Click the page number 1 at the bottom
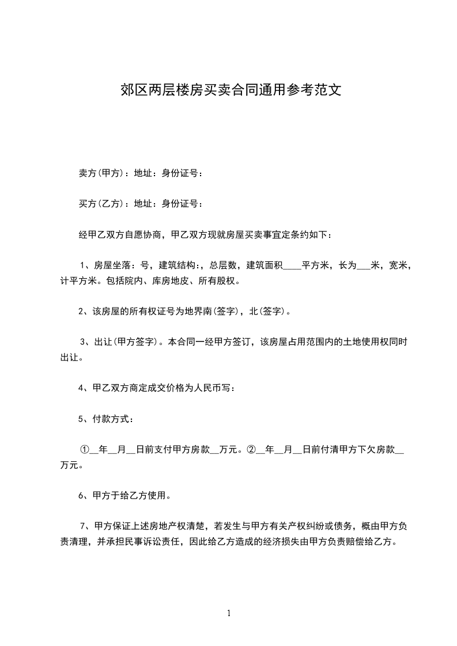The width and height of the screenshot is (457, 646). tap(229, 613)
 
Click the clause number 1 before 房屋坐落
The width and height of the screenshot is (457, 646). tap(82, 265)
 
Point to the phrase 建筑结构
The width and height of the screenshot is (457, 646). tap(177, 265)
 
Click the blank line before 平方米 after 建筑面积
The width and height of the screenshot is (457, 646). tap(292, 266)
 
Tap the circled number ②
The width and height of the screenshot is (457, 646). tap(251, 450)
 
